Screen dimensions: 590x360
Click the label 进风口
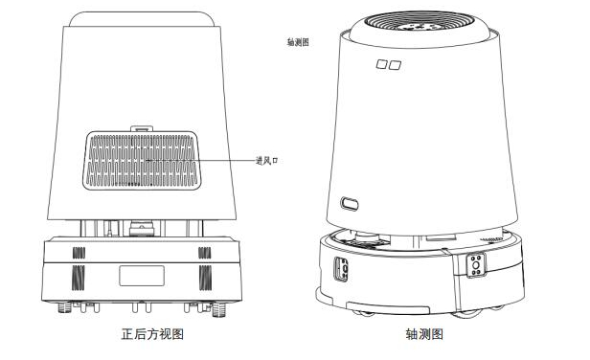pos(267,161)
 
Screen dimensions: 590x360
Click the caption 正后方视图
pos(152,333)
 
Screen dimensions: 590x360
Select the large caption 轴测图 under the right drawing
pos(424,333)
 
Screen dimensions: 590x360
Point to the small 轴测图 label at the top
pos(298,42)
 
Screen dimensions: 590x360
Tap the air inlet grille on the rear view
pos(142,160)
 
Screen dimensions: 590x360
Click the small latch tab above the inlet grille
pos(142,128)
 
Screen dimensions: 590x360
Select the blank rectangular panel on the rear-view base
pos(142,276)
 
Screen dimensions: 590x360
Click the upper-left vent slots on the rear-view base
pos(79,253)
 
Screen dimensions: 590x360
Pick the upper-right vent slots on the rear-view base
pos(205,253)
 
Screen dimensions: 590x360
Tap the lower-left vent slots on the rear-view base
pos(79,278)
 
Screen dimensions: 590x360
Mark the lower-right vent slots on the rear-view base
pos(205,278)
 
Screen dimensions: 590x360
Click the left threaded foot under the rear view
pos(65,308)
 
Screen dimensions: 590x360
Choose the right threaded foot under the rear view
pos(218,309)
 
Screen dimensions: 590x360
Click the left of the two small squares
pos(381,64)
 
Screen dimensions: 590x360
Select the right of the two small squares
pos(395,65)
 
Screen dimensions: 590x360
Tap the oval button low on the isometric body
pos(350,204)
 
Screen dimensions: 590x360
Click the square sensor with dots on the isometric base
pos(476,265)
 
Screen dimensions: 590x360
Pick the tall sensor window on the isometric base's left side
pos(341,269)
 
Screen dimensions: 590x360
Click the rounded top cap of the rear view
pos(142,19)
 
